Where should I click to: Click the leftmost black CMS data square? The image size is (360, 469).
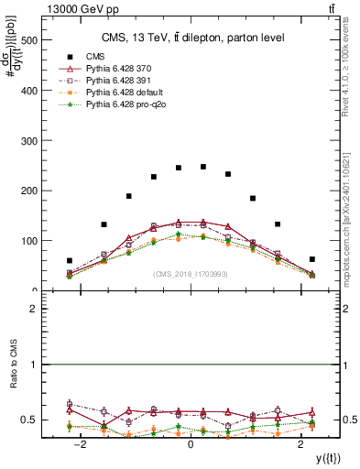point(70,261)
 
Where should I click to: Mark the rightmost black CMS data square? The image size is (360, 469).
point(311,259)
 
